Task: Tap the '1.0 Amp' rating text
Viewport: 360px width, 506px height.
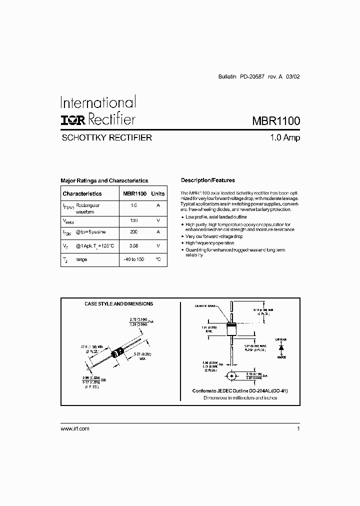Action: (x=283, y=137)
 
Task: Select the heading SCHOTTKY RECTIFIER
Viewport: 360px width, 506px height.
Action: (x=106, y=137)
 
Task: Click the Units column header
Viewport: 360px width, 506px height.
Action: (x=158, y=193)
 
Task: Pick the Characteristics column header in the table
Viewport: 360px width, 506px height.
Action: (x=82, y=193)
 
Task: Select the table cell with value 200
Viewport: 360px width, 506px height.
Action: (x=133, y=232)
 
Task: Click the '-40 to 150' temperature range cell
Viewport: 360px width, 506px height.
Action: (x=133, y=259)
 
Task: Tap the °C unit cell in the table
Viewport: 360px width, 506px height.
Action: (x=158, y=259)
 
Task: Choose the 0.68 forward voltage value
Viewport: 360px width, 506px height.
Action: (x=133, y=246)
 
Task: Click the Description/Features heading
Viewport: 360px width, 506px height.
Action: (x=207, y=180)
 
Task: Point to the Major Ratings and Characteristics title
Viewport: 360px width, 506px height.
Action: (x=104, y=180)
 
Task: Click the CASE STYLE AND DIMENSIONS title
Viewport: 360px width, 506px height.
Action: (x=118, y=303)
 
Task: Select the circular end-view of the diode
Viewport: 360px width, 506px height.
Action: (x=231, y=375)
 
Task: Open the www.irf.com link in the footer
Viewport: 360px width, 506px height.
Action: (x=74, y=428)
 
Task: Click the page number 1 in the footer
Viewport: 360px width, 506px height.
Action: (x=298, y=428)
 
